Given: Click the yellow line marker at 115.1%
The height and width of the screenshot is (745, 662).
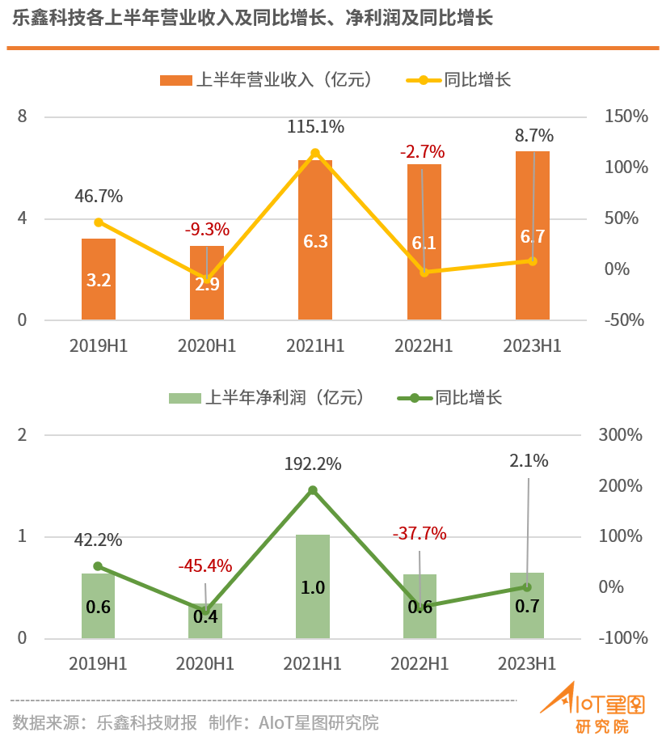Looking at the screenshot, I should pyautogui.click(x=315, y=153).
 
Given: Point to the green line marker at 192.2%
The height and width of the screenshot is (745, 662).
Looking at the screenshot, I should pyautogui.click(x=313, y=489).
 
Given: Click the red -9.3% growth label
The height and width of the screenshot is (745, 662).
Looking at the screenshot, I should pyautogui.click(x=207, y=230).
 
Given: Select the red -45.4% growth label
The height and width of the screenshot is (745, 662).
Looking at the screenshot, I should pyautogui.click(x=205, y=565).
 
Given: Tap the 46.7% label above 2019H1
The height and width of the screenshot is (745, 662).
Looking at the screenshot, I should pyautogui.click(x=99, y=197).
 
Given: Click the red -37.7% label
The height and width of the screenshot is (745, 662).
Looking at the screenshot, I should pyautogui.click(x=419, y=533).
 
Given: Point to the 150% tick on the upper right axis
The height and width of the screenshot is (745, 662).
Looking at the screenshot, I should pyautogui.click(x=626, y=116).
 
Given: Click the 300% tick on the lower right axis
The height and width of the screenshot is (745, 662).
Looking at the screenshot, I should pyautogui.click(x=621, y=435).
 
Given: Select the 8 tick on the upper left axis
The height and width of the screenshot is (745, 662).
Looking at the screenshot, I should pyautogui.click(x=23, y=116).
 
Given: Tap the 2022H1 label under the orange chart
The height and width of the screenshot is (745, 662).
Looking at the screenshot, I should pyautogui.click(x=424, y=345).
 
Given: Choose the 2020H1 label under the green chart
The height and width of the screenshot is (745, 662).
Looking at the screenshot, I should pyautogui.click(x=205, y=663).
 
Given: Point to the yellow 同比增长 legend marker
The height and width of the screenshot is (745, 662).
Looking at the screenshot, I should pyautogui.click(x=423, y=80).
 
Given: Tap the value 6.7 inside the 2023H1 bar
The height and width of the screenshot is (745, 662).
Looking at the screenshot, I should pyautogui.click(x=533, y=236).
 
